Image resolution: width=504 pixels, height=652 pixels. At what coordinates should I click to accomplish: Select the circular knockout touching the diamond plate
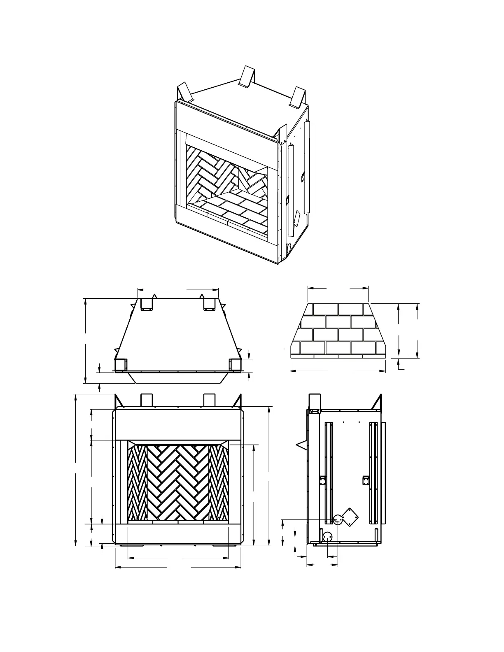(338, 520)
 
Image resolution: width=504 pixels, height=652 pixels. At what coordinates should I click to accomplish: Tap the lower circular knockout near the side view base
(328, 537)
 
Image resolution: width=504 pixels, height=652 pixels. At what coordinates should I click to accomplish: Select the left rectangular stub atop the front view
(147, 400)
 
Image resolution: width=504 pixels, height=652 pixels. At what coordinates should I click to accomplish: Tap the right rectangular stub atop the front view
(209, 400)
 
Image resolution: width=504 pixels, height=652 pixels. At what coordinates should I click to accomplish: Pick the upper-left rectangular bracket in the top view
(146, 304)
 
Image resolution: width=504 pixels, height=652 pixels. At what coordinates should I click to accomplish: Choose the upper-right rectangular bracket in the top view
(209, 304)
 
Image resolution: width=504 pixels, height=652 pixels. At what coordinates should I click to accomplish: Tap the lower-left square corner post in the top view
(120, 365)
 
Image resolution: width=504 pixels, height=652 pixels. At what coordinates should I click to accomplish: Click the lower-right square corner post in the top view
(235, 365)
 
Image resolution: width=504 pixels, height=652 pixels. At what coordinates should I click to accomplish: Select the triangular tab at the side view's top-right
(378, 402)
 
